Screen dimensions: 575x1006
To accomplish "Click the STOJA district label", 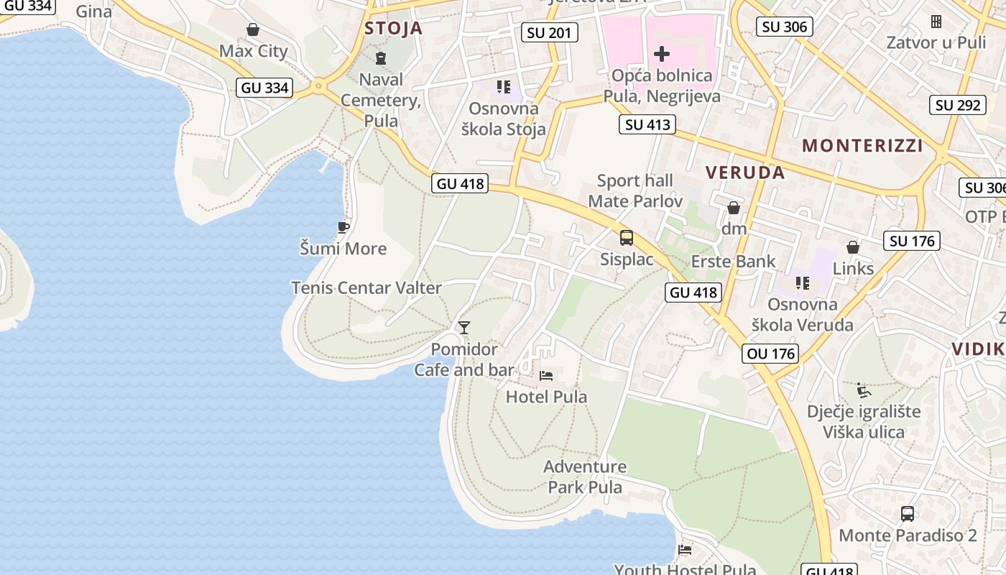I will click(x=393, y=29).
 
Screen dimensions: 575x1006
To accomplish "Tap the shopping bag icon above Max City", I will click(x=253, y=29).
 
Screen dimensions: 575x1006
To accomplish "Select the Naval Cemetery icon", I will click(x=381, y=58).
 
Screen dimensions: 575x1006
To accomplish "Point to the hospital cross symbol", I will click(x=662, y=54).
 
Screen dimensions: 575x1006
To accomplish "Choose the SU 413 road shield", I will click(x=647, y=124).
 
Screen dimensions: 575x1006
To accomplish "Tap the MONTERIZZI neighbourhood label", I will click(x=862, y=145).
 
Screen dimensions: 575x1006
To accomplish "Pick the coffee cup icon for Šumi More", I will click(x=343, y=228).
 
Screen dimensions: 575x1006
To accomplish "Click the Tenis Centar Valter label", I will click(x=366, y=287).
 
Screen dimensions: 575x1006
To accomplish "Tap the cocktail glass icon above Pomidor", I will click(x=464, y=328).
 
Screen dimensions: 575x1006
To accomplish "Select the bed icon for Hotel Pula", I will click(x=546, y=375).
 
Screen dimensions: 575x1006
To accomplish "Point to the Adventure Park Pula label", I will click(x=585, y=477).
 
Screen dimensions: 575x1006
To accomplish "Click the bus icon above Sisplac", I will click(x=627, y=238).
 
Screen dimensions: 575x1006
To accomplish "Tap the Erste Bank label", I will click(x=734, y=261).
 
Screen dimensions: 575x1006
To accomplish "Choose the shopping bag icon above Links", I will click(x=853, y=247).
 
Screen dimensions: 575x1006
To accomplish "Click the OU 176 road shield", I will click(x=771, y=354).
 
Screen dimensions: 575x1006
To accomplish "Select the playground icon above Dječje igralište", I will click(x=864, y=390).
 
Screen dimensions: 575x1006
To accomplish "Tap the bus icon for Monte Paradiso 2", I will click(x=908, y=514).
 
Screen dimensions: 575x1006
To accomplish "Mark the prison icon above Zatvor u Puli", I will click(x=936, y=22).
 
